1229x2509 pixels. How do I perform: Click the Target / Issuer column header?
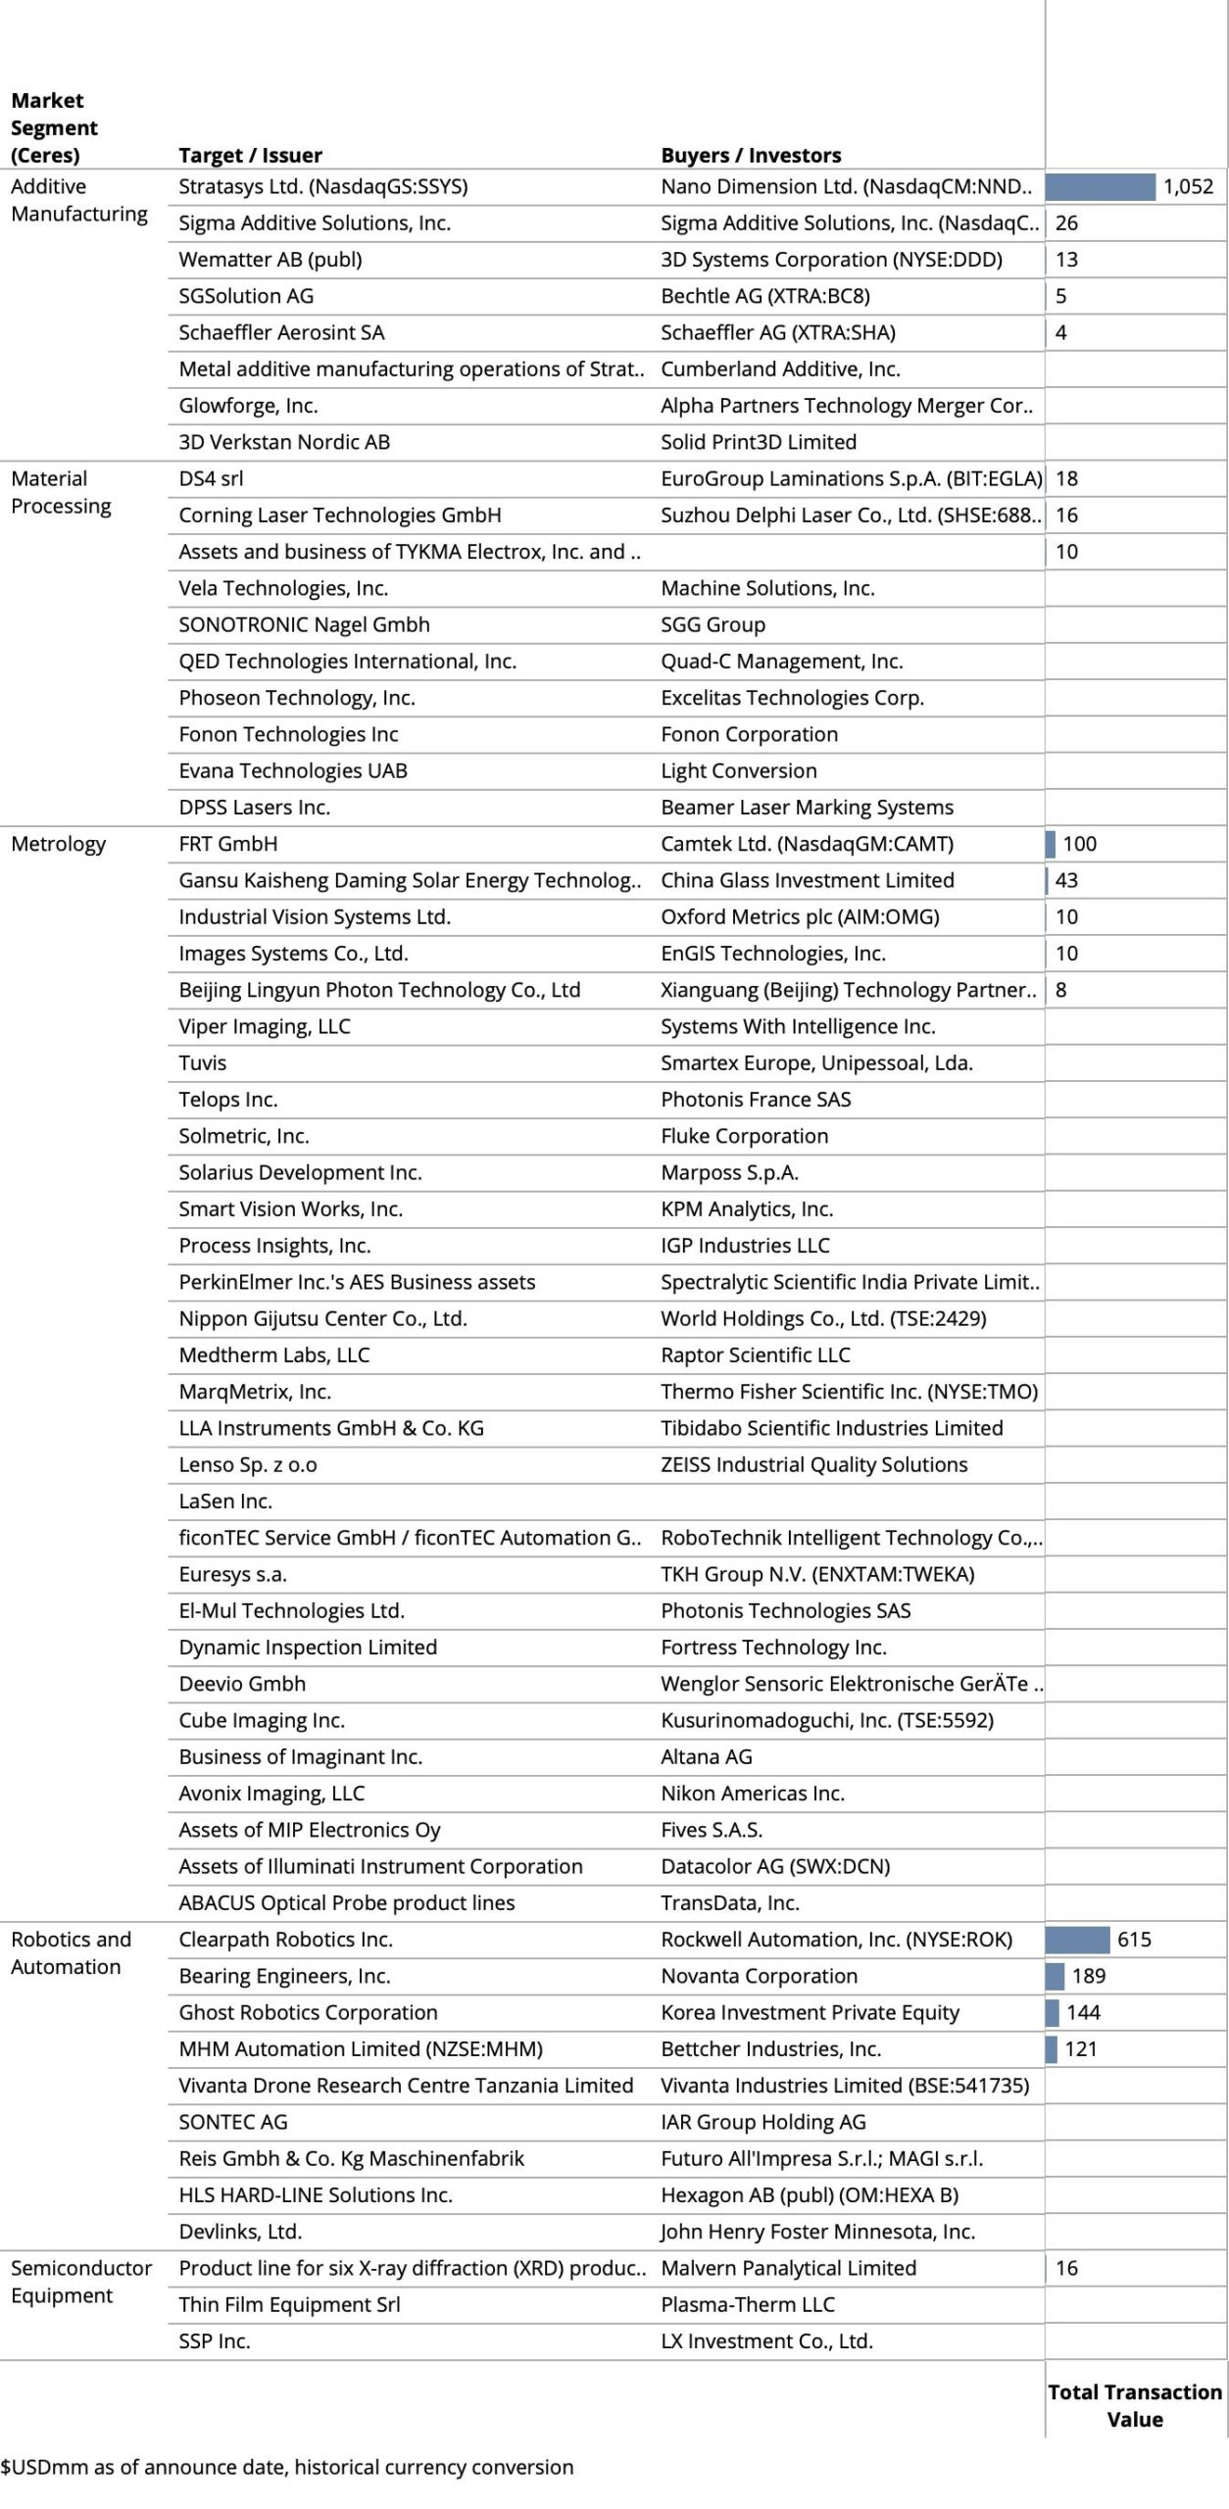tap(250, 155)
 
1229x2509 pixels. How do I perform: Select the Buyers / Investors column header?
tap(751, 155)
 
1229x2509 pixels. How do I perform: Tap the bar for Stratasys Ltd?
tap(1100, 186)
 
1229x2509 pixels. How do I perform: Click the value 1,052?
tap(1188, 186)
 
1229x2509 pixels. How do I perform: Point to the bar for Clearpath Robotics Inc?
tap(1077, 1939)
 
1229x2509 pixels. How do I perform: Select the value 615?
tap(1134, 1939)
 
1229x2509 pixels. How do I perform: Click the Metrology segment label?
tap(58, 844)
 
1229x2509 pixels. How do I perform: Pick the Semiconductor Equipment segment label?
tap(80, 2281)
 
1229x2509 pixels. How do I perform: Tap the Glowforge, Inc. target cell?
tap(248, 406)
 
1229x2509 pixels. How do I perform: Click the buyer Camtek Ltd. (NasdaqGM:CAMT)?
tap(807, 844)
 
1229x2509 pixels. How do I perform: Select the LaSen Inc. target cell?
tap(225, 1500)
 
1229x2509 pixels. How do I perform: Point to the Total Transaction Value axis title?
tap(1135, 2405)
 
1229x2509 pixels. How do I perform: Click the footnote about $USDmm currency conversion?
tap(287, 2467)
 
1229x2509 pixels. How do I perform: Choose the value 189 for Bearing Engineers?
tap(1088, 1975)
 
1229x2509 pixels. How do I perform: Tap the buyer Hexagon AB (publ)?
tap(810, 2194)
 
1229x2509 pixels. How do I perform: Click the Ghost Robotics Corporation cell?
tap(308, 2012)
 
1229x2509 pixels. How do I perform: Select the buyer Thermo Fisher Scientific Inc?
tap(849, 1391)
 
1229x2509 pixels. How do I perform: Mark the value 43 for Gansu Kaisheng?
tap(1066, 880)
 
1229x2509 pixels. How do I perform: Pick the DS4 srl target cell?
tap(211, 478)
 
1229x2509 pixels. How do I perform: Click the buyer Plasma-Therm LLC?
tap(748, 2304)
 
